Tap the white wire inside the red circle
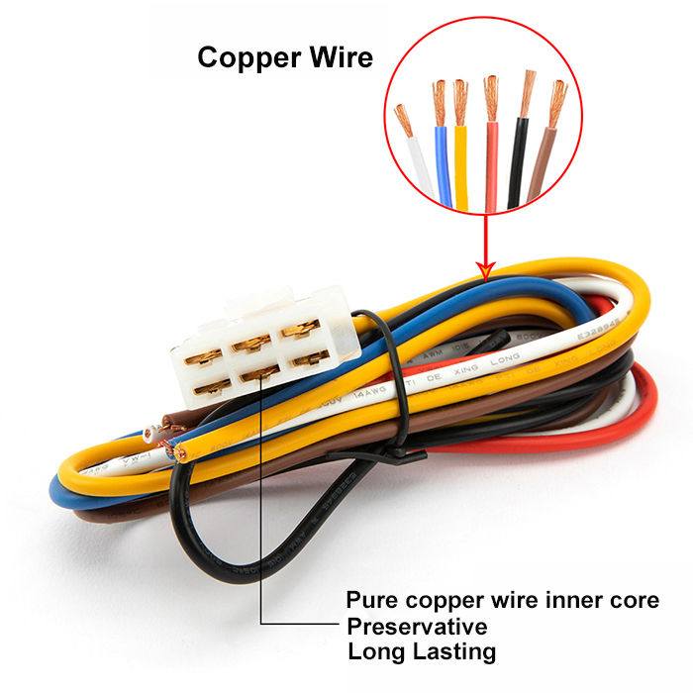pyautogui.click(x=419, y=168)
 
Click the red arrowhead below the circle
pyautogui.click(x=485, y=268)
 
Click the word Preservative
pyautogui.click(x=416, y=627)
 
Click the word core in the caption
pyautogui.click(x=634, y=601)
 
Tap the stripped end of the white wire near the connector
pyautogui.click(x=150, y=434)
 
